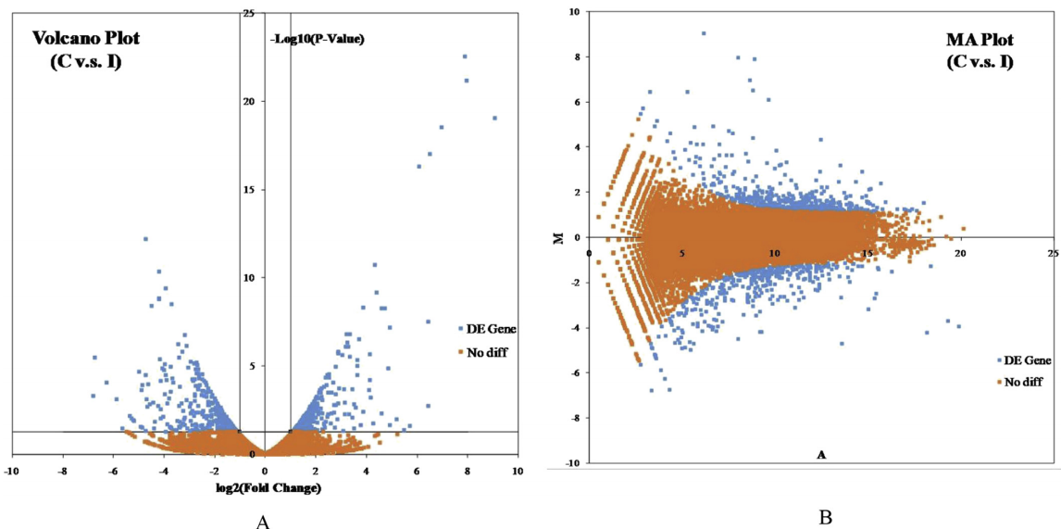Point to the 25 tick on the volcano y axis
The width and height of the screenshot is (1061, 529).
[248, 13]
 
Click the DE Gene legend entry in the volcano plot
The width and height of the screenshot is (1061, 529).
[486, 329]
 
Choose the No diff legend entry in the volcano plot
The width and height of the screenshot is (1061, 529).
[486, 351]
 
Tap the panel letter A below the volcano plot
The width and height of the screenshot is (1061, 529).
[262, 523]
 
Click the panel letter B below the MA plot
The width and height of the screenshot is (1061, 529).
[825, 517]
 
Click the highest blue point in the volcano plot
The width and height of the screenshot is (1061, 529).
[465, 57]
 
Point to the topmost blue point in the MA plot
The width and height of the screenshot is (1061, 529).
[704, 33]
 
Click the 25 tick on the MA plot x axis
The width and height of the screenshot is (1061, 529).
[1052, 253]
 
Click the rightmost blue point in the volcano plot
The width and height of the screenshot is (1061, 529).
[495, 118]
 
